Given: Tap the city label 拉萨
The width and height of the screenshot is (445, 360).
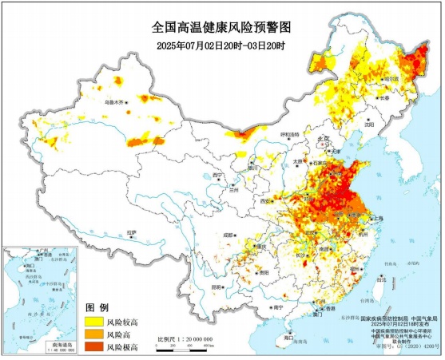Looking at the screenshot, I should click(131, 232).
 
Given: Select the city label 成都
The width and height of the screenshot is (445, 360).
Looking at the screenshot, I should click(229, 235).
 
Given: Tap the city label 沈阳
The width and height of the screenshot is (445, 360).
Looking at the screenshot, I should click(368, 125).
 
